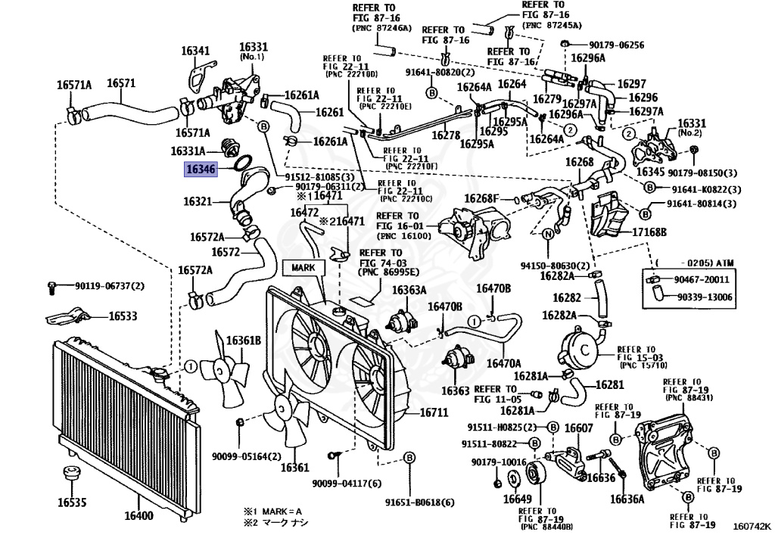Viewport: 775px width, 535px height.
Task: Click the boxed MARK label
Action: (x=302, y=267)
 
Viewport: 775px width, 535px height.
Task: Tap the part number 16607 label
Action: (x=578, y=428)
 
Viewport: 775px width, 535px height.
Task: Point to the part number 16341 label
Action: (x=195, y=51)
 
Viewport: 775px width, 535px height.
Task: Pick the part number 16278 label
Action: (x=446, y=135)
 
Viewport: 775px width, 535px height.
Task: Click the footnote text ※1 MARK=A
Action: (x=272, y=510)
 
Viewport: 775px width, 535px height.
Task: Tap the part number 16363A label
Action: (x=409, y=290)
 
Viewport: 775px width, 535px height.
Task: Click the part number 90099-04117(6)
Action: (x=347, y=484)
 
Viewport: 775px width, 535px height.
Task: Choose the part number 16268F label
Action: (x=482, y=198)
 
